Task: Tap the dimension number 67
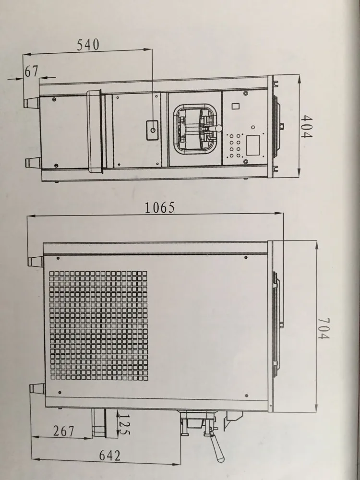31,71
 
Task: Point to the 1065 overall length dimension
160,208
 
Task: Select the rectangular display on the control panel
252,144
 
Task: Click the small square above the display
235,107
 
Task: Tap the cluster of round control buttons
235,146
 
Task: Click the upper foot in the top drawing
32,102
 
